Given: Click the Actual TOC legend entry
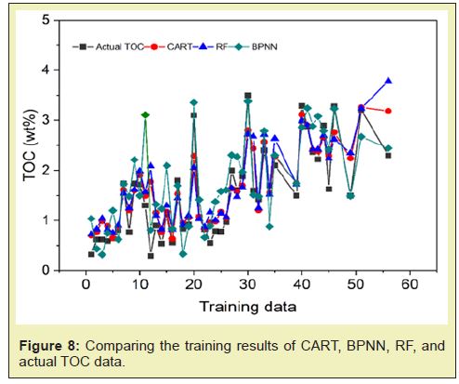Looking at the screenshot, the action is pos(108,46).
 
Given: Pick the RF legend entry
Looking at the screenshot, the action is pos(210,46).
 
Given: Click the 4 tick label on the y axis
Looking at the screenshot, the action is pos(46,71).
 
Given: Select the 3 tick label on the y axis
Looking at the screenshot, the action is pos(46,120).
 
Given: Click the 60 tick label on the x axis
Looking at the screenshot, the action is pos(410,285).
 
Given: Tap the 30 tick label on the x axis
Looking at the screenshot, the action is pos(248,285).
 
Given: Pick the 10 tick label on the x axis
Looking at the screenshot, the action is pos(139,285).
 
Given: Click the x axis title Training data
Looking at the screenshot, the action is pos(248,307).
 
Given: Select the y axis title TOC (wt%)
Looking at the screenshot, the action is pos(30,146).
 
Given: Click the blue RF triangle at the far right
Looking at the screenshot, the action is pos(388,81).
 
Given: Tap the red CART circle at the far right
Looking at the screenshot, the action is pos(388,111).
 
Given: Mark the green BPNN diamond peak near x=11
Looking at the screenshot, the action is pos(145,115).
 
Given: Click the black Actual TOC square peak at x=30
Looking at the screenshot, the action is pos(248,96).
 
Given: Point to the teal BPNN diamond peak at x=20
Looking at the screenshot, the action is pos(194,102).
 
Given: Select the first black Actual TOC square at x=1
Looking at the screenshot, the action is pos(91,254).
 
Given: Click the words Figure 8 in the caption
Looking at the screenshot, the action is pos(49,346).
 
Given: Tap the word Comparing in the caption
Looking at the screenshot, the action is pos(119,347).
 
